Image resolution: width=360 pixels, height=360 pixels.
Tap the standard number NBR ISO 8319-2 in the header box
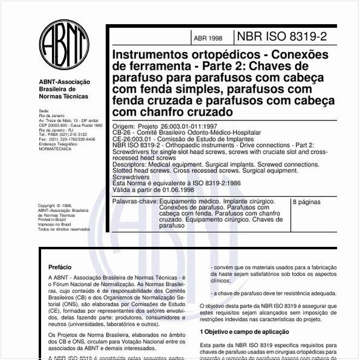coord(283,37)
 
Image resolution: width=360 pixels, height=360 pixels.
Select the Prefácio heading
coord(60,267)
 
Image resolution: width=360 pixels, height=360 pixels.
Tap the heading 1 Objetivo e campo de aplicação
coord(244,332)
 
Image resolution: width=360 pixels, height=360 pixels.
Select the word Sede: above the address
coord(44,111)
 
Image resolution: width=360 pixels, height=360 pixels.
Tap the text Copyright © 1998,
coord(56,206)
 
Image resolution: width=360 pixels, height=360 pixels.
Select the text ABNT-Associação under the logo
coord(64,82)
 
